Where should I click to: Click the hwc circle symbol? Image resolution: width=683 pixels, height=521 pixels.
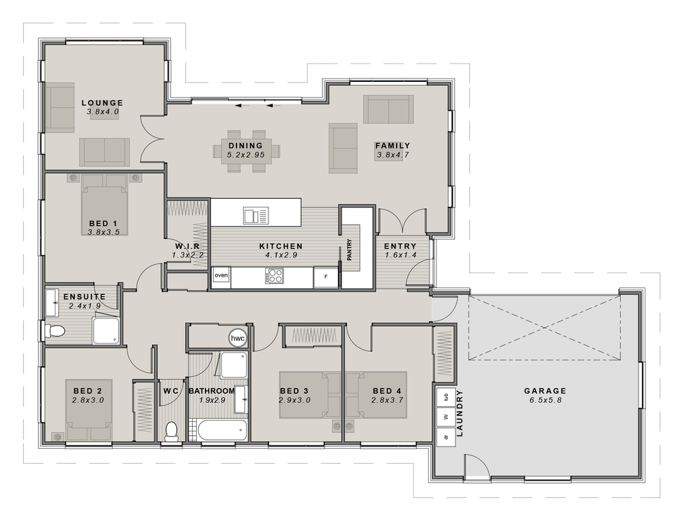click(238, 338)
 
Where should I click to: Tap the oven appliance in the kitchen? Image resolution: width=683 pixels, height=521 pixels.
click(221, 276)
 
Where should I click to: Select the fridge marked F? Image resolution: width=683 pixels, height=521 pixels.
click(326, 277)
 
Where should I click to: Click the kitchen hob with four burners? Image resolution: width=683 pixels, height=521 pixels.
click(275, 277)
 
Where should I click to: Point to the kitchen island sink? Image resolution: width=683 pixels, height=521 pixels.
click(255, 216)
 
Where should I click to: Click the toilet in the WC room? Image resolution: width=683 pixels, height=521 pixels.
click(171, 431)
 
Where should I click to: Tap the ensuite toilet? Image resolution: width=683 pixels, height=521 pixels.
click(54, 332)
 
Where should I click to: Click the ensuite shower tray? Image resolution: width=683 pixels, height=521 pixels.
click(106, 331)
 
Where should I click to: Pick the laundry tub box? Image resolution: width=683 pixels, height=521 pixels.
click(445, 395)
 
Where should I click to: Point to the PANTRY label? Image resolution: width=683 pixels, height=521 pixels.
click(349, 249)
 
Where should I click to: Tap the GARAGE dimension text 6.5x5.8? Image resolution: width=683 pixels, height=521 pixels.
click(544, 400)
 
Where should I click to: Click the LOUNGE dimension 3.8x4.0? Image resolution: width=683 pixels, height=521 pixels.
click(103, 111)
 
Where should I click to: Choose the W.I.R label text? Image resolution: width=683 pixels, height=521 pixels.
click(186, 247)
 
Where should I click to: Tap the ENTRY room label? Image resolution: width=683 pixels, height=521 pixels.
click(400, 247)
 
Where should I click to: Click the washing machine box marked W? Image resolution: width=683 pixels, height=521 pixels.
click(445, 416)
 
